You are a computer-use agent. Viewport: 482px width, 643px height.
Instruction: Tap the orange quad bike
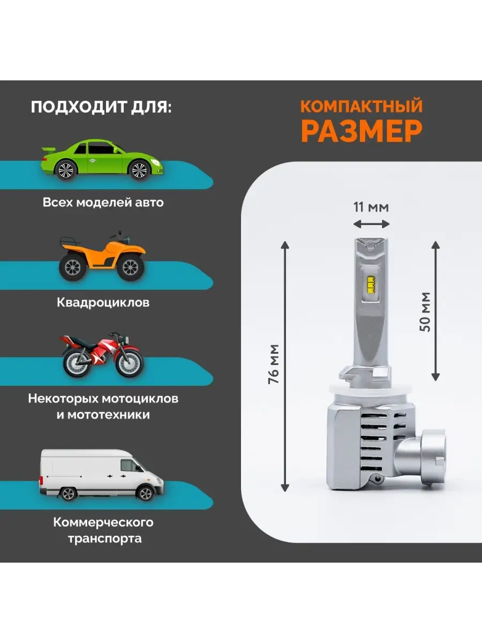102,256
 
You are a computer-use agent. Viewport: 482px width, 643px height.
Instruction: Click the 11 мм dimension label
371,207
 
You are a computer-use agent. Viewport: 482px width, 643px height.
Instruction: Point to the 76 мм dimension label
274,364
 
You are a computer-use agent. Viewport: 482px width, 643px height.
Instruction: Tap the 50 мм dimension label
425,312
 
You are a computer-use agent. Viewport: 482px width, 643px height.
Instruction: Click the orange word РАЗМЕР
361,131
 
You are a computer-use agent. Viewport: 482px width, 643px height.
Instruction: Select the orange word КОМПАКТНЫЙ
361,106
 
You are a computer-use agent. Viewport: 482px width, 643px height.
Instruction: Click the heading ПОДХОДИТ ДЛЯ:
101,107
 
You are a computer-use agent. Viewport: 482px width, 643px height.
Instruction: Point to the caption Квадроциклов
103,302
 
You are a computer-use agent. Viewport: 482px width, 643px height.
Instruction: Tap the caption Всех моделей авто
103,203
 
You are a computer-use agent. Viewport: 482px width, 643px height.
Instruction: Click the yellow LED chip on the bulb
371,284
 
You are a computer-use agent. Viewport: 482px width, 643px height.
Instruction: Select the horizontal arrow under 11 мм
371,225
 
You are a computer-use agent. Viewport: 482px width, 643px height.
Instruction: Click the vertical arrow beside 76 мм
285,366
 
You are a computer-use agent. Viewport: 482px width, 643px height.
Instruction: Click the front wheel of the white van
146,493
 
